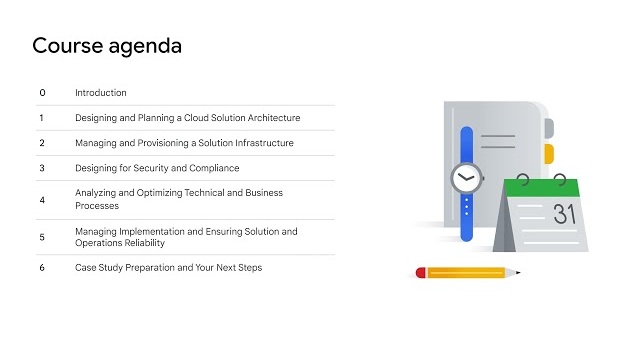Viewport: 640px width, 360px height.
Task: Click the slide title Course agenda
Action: (x=107, y=46)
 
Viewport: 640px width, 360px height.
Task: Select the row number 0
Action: (x=42, y=93)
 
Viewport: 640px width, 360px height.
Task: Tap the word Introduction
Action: (x=101, y=93)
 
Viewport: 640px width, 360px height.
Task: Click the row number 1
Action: (x=42, y=118)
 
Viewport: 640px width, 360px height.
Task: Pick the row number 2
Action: (x=42, y=143)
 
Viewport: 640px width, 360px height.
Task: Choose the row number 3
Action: (x=42, y=168)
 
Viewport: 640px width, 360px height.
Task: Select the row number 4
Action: (x=42, y=200)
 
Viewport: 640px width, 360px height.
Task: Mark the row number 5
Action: (x=42, y=237)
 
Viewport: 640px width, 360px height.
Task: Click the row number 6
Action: (x=42, y=268)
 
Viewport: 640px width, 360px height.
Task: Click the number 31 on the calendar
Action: (x=565, y=213)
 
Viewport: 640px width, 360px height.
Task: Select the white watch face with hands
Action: (x=465, y=179)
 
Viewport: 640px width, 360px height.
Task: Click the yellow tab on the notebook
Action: (x=548, y=153)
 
